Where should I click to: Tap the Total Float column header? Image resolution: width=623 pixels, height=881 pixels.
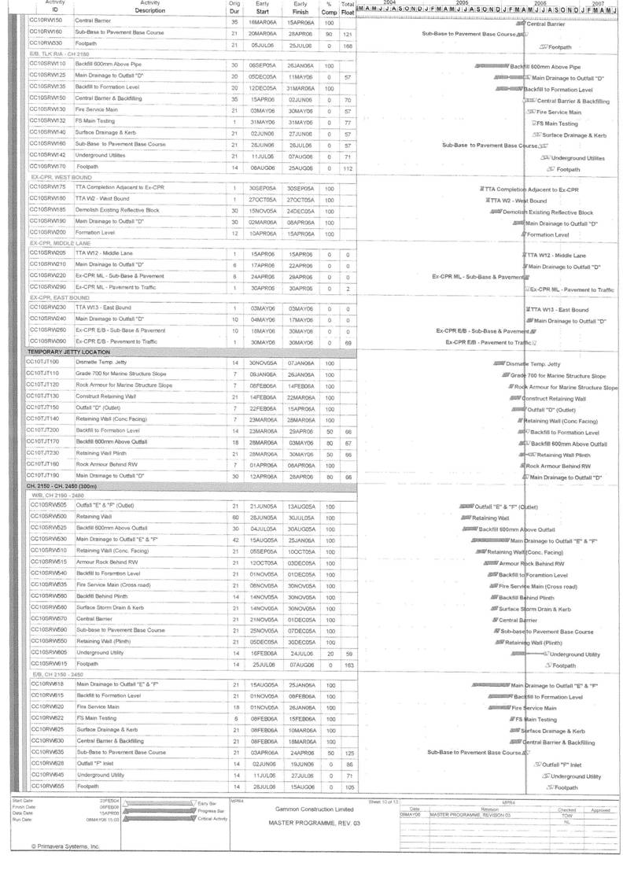[x=347, y=7]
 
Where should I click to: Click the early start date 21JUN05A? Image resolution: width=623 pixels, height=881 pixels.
[x=259, y=504]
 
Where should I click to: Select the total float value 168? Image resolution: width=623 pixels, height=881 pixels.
[x=347, y=46]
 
